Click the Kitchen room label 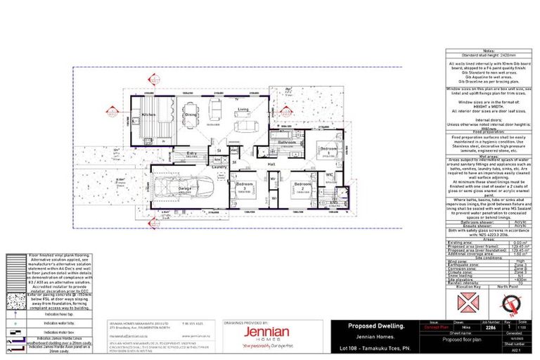149,114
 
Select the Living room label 243,110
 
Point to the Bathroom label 288,142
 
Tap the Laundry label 217,167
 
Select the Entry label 191,152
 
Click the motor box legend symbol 15,331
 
